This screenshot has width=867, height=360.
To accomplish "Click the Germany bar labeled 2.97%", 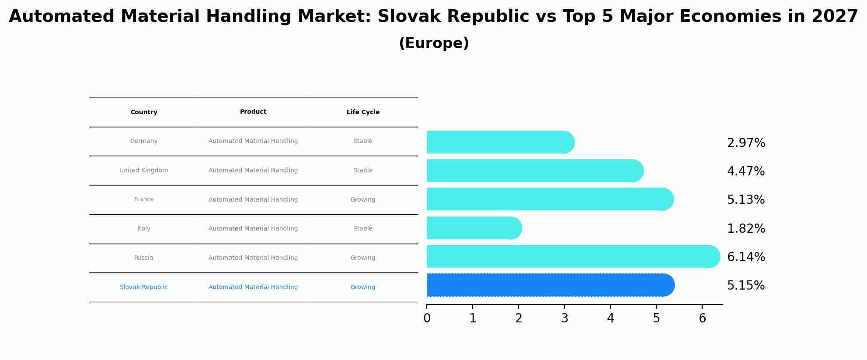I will (x=498, y=142).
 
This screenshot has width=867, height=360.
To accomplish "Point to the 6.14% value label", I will (x=746, y=257).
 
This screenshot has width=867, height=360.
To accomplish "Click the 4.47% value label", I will (x=746, y=171).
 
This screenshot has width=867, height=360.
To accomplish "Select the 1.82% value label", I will (x=746, y=229).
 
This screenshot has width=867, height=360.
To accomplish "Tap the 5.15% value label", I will (x=746, y=286).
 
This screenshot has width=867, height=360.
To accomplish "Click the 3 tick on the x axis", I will (x=564, y=318).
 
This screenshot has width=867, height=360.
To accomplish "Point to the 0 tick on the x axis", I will (x=427, y=318).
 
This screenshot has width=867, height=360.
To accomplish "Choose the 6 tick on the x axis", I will (x=702, y=318).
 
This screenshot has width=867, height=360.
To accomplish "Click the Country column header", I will (x=144, y=112).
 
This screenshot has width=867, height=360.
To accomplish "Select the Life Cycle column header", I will (x=363, y=112).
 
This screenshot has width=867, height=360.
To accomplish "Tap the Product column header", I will (x=253, y=112).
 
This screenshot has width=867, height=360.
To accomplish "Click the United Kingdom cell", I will (x=143, y=171).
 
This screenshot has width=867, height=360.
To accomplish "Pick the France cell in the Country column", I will (x=144, y=199).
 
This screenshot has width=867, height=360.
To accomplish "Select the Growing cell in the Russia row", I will (x=363, y=258).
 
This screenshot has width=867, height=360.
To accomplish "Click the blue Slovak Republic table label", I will (x=143, y=287).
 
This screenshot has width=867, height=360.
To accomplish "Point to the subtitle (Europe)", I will (x=434, y=43).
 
